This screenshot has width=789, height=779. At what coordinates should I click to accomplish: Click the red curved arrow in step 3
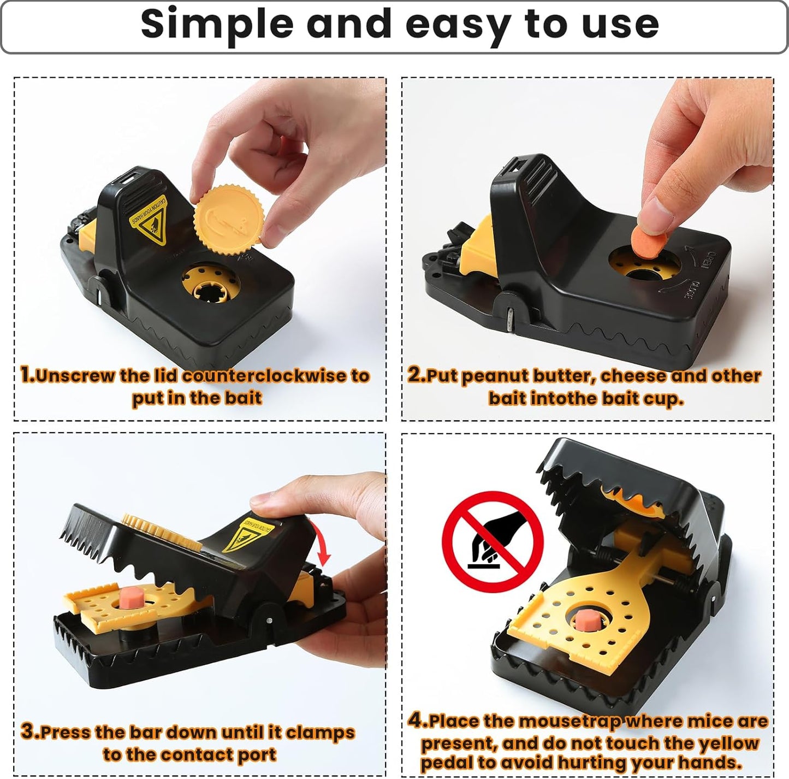(x=322, y=544)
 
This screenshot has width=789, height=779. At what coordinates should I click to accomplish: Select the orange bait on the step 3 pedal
(x=130, y=597)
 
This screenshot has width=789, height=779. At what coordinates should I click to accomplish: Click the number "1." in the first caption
(x=27, y=375)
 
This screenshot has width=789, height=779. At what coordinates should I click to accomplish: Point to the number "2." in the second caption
(x=416, y=375)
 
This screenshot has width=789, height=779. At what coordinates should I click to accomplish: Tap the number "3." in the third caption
(x=29, y=731)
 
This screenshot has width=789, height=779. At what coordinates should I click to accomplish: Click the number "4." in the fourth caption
(x=417, y=721)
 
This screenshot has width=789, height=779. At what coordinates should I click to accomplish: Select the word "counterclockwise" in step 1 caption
(x=264, y=376)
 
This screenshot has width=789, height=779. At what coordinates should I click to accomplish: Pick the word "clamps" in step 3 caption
(x=320, y=733)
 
